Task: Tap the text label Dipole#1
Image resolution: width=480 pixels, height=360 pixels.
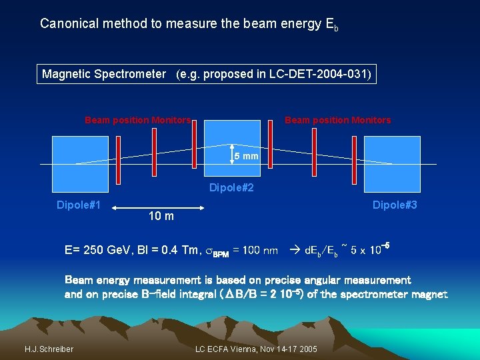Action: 79,205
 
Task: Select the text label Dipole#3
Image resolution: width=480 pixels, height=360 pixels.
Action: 395,205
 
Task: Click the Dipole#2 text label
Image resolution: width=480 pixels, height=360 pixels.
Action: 231,188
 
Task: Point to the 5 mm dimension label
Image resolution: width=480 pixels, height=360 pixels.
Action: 247,157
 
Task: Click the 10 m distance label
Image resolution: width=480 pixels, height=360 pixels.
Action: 161,215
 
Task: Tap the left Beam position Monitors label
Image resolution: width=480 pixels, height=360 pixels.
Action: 137,120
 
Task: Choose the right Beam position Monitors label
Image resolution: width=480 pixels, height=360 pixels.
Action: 337,120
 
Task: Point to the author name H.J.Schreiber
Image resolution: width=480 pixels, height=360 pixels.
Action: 49,349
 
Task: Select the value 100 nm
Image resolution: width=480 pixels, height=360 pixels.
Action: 261,251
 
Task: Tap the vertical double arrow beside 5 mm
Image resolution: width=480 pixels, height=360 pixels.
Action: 231,154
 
